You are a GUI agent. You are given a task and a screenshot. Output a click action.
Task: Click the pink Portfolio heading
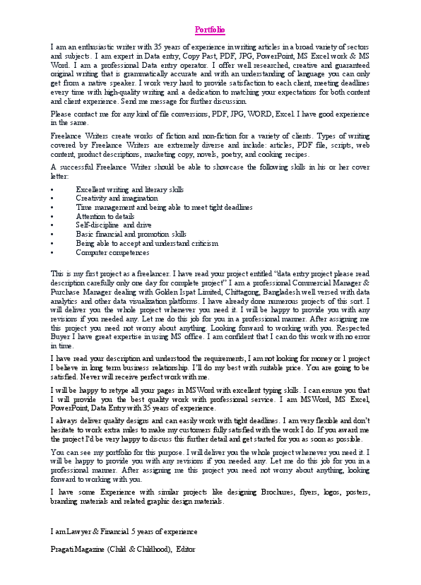(x=210, y=30)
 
